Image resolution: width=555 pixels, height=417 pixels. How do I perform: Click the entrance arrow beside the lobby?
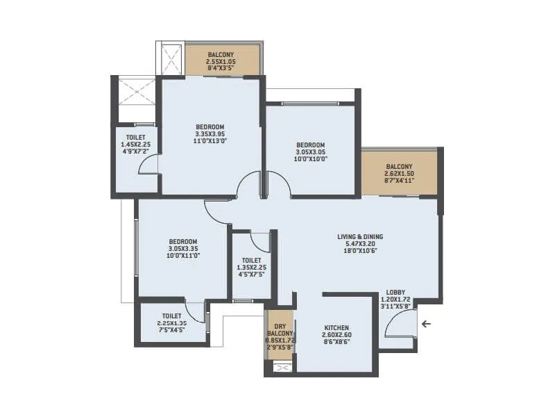(426, 323)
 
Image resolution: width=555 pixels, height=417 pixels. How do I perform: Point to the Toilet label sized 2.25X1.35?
(171, 322)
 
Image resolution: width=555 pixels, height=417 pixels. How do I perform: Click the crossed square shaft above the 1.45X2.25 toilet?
(136, 90)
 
